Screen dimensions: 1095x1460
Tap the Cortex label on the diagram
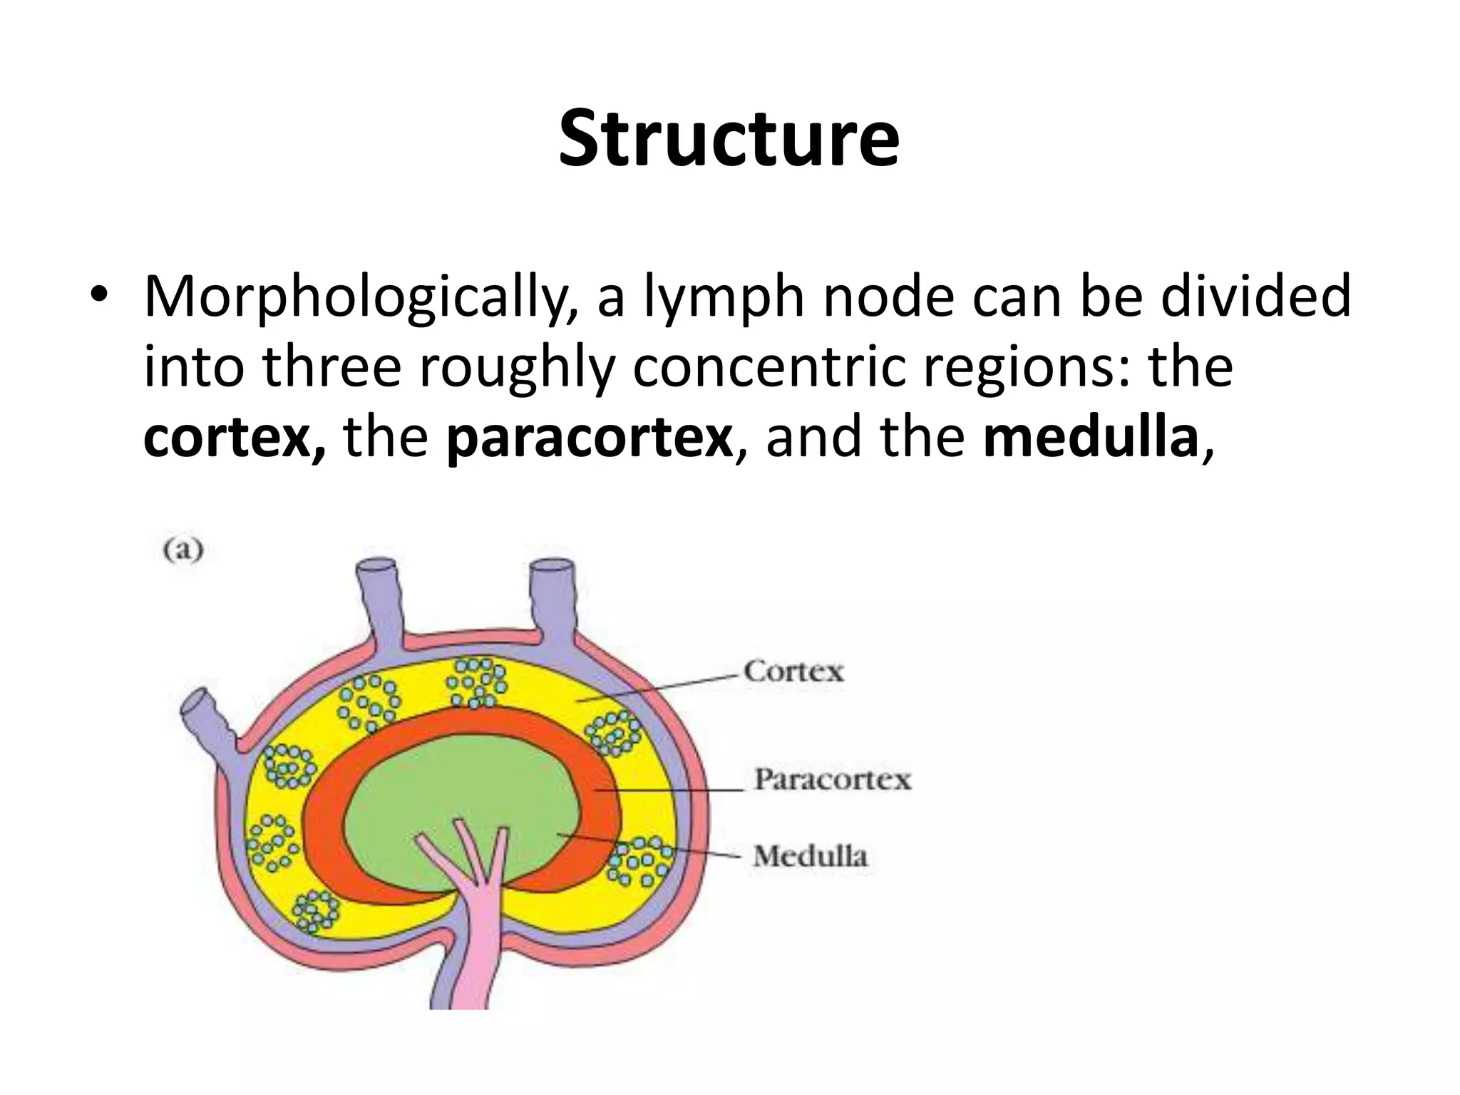pyautogui.click(x=793, y=672)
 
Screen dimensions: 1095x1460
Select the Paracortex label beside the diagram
pyautogui.click(x=833, y=779)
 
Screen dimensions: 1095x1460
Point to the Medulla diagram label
pyautogui.click(x=811, y=856)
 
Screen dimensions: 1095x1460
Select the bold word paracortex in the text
pyautogui.click(x=590, y=438)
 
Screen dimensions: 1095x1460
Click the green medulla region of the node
pyautogui.click(x=456, y=784)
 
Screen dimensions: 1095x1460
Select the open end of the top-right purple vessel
pyautogui.click(x=551, y=568)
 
